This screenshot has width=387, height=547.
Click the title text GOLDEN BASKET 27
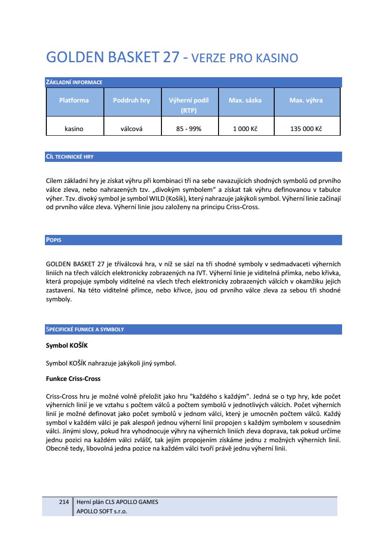pyautogui.click(x=112, y=57)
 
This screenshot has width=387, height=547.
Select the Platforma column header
pyautogui.click(x=74, y=100)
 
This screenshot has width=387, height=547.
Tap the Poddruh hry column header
pyautogui.click(x=131, y=100)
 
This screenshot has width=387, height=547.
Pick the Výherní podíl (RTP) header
pyautogui.click(x=189, y=105)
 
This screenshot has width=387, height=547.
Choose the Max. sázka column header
pyautogui.click(x=245, y=100)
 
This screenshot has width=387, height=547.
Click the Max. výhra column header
pyautogui.click(x=306, y=100)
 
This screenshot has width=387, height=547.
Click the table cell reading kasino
pyautogui.click(x=74, y=129)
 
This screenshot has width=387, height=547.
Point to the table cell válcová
pyautogui.click(x=131, y=129)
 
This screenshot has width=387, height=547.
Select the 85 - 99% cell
pyautogui.click(x=189, y=129)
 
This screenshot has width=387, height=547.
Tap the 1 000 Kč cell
pyautogui.click(x=245, y=129)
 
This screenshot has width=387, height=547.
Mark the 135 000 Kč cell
pyautogui.click(x=306, y=129)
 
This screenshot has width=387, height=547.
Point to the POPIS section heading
pyautogui.click(x=54, y=240)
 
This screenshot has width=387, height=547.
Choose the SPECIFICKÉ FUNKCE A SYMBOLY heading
pyautogui.click(x=85, y=329)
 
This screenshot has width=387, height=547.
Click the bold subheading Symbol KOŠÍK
pyautogui.click(x=66, y=346)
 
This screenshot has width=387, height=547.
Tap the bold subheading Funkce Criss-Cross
pyautogui.click(x=73, y=379)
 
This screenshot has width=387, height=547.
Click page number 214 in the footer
pyautogui.click(x=64, y=502)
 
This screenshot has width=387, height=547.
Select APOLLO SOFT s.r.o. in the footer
pyautogui.click(x=102, y=511)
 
